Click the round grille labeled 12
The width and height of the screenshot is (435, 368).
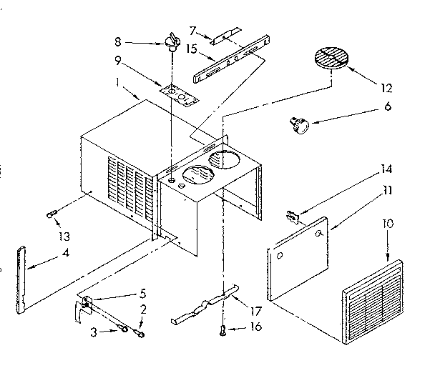[333, 58]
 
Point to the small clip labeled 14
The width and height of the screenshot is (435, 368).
[293, 212]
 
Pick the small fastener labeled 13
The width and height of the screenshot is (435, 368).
[52, 212]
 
